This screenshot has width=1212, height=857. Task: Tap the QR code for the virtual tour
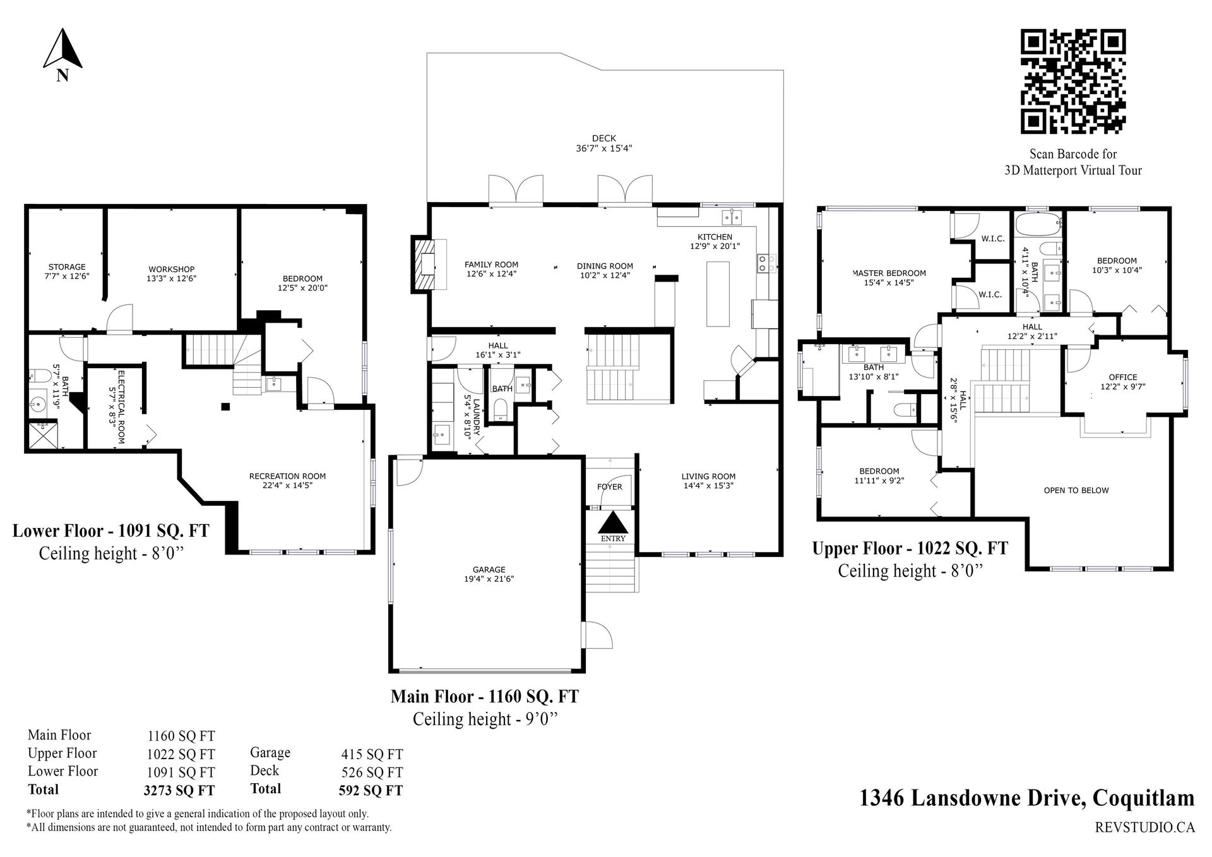tap(1073, 82)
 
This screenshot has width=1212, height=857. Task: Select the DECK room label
tap(604, 138)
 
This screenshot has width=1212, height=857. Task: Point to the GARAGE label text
tap(489, 570)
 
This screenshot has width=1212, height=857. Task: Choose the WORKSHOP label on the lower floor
tap(171, 269)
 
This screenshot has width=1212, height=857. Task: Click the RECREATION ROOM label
tap(287, 476)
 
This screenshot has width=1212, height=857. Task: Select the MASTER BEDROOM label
tap(889, 273)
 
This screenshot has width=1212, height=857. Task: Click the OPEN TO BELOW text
tap(1076, 490)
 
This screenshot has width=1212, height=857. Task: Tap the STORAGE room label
tap(67, 267)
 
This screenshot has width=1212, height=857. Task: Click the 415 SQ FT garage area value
tap(372, 754)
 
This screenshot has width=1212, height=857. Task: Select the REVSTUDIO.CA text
tap(1144, 827)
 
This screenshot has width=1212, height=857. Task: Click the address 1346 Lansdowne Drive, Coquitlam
tap(1027, 798)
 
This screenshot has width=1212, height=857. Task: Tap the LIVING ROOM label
tap(708, 476)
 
